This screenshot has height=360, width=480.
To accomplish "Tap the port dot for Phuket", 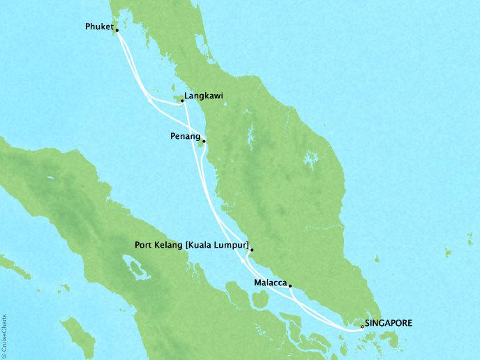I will tap(117, 31).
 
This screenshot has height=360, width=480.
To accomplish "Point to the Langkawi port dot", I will tap(182, 101).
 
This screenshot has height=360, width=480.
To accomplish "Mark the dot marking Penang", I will tap(204, 140).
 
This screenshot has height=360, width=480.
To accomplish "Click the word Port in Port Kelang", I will tap(144, 245).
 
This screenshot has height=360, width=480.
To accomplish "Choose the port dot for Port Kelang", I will tap(251, 249).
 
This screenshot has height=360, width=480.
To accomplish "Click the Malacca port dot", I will tap(290, 285).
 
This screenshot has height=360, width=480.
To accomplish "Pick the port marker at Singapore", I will tap(361, 325).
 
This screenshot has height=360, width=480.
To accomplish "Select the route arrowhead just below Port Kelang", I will tap(244, 260).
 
